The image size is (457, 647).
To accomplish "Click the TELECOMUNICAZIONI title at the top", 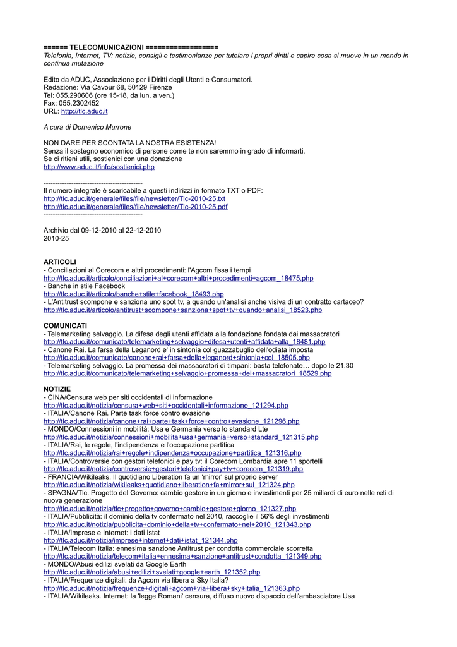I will [106, 47].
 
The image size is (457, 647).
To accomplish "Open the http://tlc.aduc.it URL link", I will [84, 111].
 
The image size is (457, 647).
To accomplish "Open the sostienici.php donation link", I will [98, 167].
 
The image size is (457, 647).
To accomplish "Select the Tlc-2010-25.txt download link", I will [134, 199].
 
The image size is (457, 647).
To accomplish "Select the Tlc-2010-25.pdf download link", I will [135, 207].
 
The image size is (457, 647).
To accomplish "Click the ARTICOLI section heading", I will [59, 262].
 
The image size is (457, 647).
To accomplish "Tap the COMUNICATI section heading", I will [65, 326].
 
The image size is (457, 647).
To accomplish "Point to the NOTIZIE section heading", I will [57, 389].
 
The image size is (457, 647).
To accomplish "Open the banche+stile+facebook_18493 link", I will [133, 294].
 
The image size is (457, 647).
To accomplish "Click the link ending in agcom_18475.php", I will [178, 278].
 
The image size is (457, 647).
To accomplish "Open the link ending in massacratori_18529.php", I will [187, 373].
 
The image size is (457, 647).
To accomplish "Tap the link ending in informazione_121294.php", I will [165, 406].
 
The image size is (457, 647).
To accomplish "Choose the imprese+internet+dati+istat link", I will [140, 541].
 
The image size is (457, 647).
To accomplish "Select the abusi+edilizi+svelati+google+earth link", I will [151, 572].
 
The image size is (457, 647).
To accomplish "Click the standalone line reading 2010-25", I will [56, 238].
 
